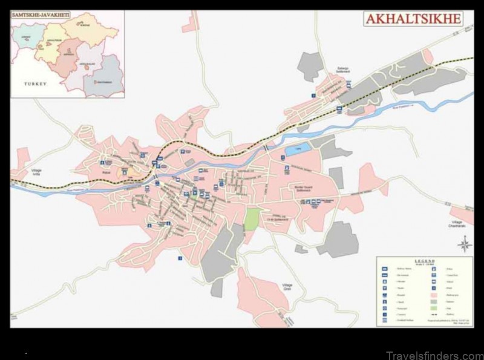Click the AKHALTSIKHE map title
[414, 18]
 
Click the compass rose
[465, 245]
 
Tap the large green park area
[253, 218]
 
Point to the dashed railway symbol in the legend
[433, 315]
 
